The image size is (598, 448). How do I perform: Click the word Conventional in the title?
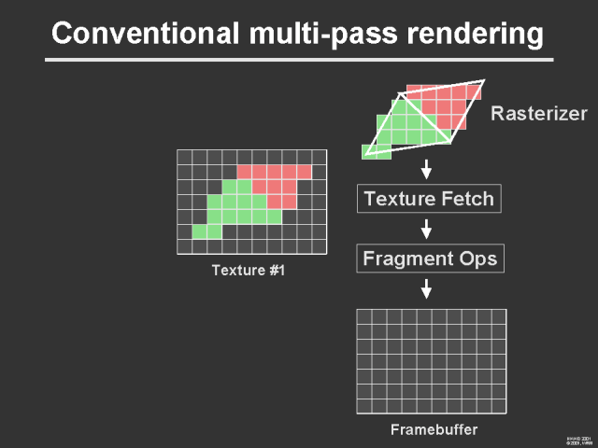[134, 35]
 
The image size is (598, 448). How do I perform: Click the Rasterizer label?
[538, 115]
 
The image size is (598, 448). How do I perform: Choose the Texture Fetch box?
[429, 198]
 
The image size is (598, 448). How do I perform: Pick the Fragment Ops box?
[429, 259]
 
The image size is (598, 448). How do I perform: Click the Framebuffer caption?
[433, 430]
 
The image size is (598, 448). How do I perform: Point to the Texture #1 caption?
[248, 272]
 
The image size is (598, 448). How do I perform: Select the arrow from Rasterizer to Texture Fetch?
[426, 170]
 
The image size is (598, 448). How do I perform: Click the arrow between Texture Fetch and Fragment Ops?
[426, 229]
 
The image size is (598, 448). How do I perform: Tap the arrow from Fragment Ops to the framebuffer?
[426, 288]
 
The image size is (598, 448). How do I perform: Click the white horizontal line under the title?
[299, 61]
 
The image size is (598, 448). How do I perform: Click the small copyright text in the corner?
[579, 440]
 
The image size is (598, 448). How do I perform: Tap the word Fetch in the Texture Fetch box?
[466, 198]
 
